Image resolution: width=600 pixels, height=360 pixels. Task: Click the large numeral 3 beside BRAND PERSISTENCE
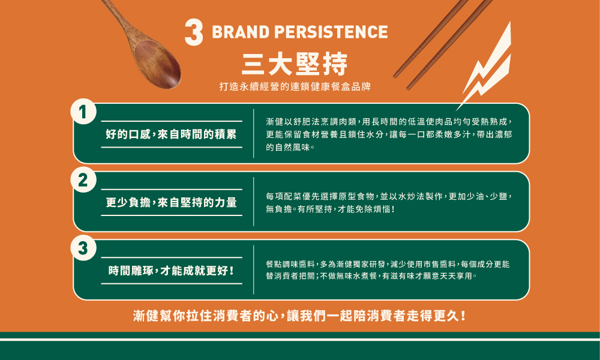(x=194, y=33)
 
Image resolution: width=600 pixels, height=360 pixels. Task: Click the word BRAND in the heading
(x=241, y=32)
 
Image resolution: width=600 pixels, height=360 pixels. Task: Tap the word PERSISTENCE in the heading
(x=331, y=32)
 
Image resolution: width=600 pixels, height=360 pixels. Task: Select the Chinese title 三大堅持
(x=295, y=64)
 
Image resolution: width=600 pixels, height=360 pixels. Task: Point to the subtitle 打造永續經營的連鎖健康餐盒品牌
(x=295, y=86)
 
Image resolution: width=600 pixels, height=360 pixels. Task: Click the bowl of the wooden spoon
(x=158, y=64)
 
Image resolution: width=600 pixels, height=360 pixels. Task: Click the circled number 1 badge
(x=83, y=112)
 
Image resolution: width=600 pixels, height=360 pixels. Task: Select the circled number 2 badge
(x=83, y=180)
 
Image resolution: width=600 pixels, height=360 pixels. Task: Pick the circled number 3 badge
(x=83, y=248)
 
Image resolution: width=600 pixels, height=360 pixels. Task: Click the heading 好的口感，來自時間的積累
(x=171, y=134)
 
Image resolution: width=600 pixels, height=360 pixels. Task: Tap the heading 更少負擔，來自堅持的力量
(x=171, y=202)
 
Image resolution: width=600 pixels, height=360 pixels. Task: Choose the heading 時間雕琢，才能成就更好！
(x=171, y=271)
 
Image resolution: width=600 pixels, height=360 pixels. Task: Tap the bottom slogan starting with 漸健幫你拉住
(x=299, y=316)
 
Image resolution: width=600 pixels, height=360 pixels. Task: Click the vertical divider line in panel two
(x=254, y=201)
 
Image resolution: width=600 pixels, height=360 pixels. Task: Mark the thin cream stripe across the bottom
(x=300, y=340)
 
